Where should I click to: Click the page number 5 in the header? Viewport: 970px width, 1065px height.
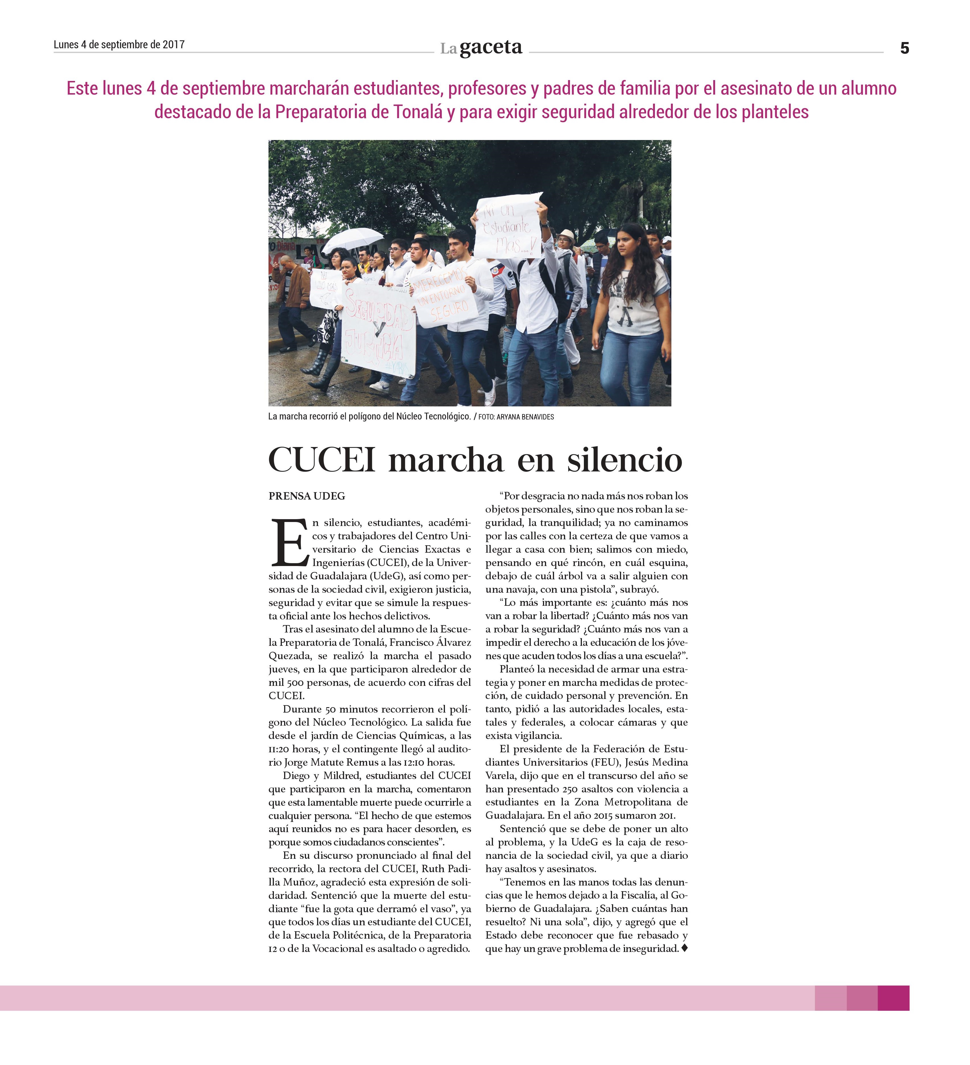point(904,49)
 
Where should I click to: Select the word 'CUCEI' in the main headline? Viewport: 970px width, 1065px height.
point(322,460)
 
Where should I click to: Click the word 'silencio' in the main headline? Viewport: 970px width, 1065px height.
point(625,460)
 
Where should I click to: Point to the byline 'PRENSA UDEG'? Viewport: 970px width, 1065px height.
point(307,496)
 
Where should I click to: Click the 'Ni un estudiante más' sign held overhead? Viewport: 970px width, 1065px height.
point(507,227)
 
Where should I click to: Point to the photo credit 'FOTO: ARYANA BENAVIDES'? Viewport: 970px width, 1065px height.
point(516,417)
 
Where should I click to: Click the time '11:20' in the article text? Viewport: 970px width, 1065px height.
point(278,749)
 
